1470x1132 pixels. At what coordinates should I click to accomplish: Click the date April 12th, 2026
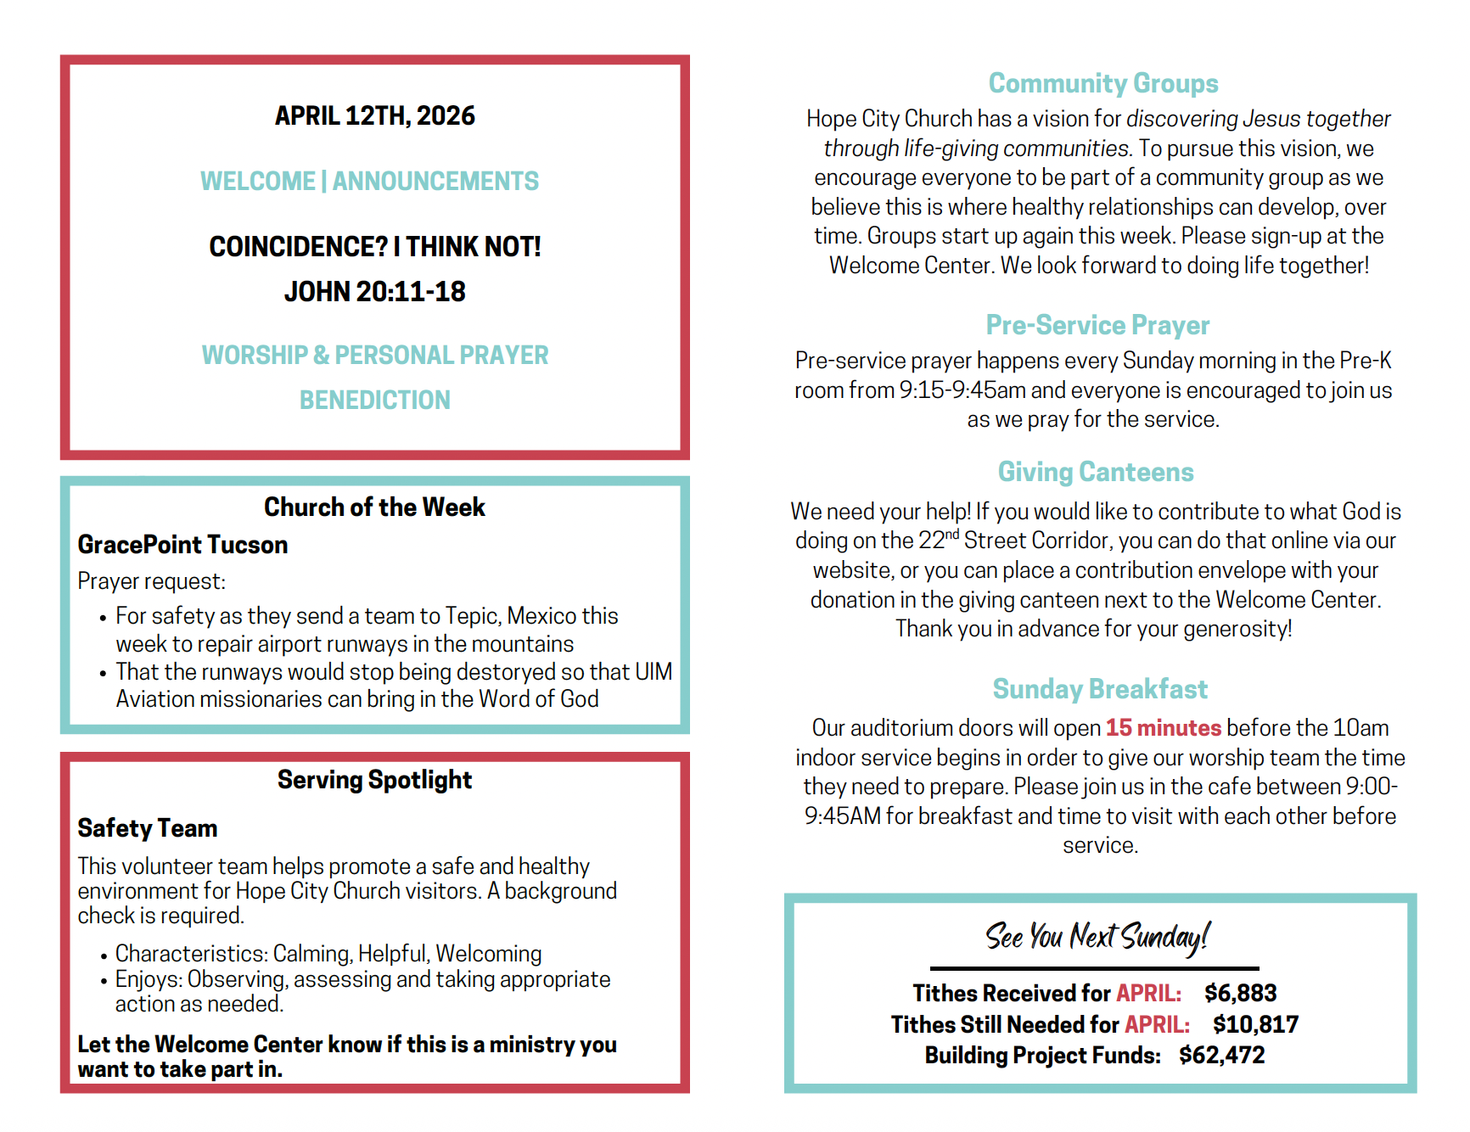[x=374, y=115]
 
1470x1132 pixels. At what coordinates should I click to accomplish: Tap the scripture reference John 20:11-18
[x=374, y=292]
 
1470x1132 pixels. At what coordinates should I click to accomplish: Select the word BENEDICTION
[x=374, y=400]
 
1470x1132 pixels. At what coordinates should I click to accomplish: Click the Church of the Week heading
[x=374, y=507]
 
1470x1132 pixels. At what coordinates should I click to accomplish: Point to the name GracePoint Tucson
[x=182, y=545]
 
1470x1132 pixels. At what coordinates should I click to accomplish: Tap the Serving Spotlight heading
[x=374, y=780]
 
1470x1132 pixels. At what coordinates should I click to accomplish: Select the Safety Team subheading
[x=148, y=828]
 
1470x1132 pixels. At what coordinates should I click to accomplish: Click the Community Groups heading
[x=1102, y=83]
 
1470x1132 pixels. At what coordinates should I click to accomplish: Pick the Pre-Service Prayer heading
[x=1097, y=325]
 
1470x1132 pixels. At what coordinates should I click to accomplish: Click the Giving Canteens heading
[x=1095, y=472]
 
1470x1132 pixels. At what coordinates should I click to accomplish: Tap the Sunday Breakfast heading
[x=1100, y=689]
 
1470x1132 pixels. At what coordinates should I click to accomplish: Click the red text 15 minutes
[x=1163, y=728]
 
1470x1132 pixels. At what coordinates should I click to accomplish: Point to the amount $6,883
[x=1240, y=993]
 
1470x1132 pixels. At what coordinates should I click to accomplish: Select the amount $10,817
[x=1255, y=1024]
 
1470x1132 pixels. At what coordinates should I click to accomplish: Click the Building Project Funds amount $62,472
[x=1221, y=1056]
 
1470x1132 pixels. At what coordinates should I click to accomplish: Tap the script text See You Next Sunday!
[x=1097, y=937]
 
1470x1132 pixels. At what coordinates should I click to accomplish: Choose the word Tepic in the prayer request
[x=471, y=616]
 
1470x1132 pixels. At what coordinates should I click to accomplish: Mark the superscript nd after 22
[x=952, y=535]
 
